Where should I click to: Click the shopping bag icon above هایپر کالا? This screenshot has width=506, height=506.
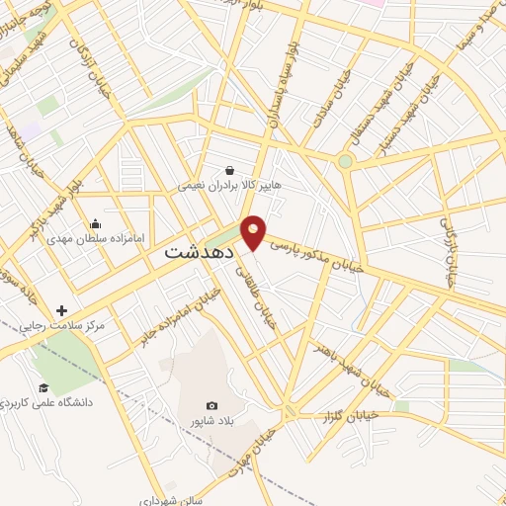229,169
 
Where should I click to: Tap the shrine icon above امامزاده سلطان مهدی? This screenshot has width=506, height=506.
95,223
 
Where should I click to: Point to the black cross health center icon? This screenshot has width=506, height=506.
61,310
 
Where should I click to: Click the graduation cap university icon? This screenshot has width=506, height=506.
43,387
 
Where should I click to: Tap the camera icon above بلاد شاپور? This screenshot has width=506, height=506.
211,405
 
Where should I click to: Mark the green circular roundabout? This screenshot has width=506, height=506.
345,161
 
